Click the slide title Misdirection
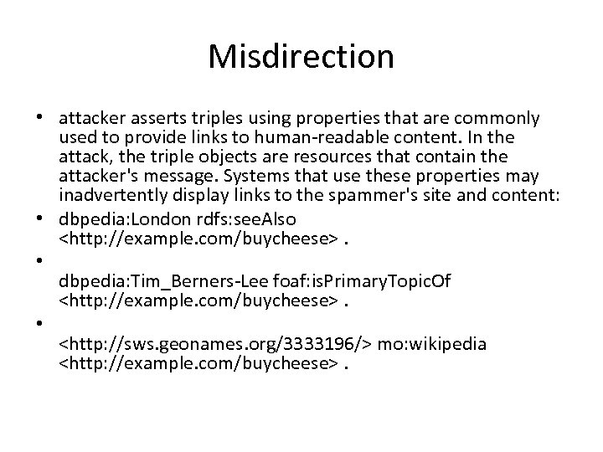pos(301,57)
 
